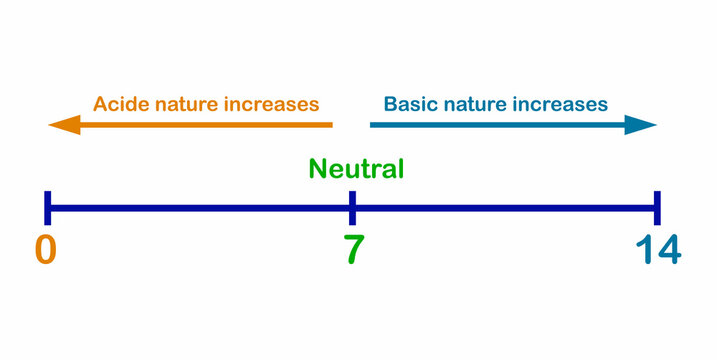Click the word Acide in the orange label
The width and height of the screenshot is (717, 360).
[119, 104]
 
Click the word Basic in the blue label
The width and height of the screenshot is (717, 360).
[412, 104]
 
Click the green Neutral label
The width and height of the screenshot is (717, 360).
[356, 169]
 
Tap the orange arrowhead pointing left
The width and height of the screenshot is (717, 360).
[63, 125]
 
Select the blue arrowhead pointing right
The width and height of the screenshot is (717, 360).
[642, 125]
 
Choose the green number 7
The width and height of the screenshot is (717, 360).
[352, 250]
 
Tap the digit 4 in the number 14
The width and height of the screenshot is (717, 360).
[667, 250]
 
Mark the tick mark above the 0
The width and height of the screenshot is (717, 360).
[47, 207]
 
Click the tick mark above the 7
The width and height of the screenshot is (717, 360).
[352, 207]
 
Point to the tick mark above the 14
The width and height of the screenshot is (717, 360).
[657, 207]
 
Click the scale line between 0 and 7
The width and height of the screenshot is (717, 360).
[200, 208]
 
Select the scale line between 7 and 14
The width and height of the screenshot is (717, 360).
[505, 208]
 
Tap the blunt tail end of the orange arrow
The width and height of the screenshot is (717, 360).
[329, 125]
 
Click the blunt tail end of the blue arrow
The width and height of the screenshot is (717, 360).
[374, 125]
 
